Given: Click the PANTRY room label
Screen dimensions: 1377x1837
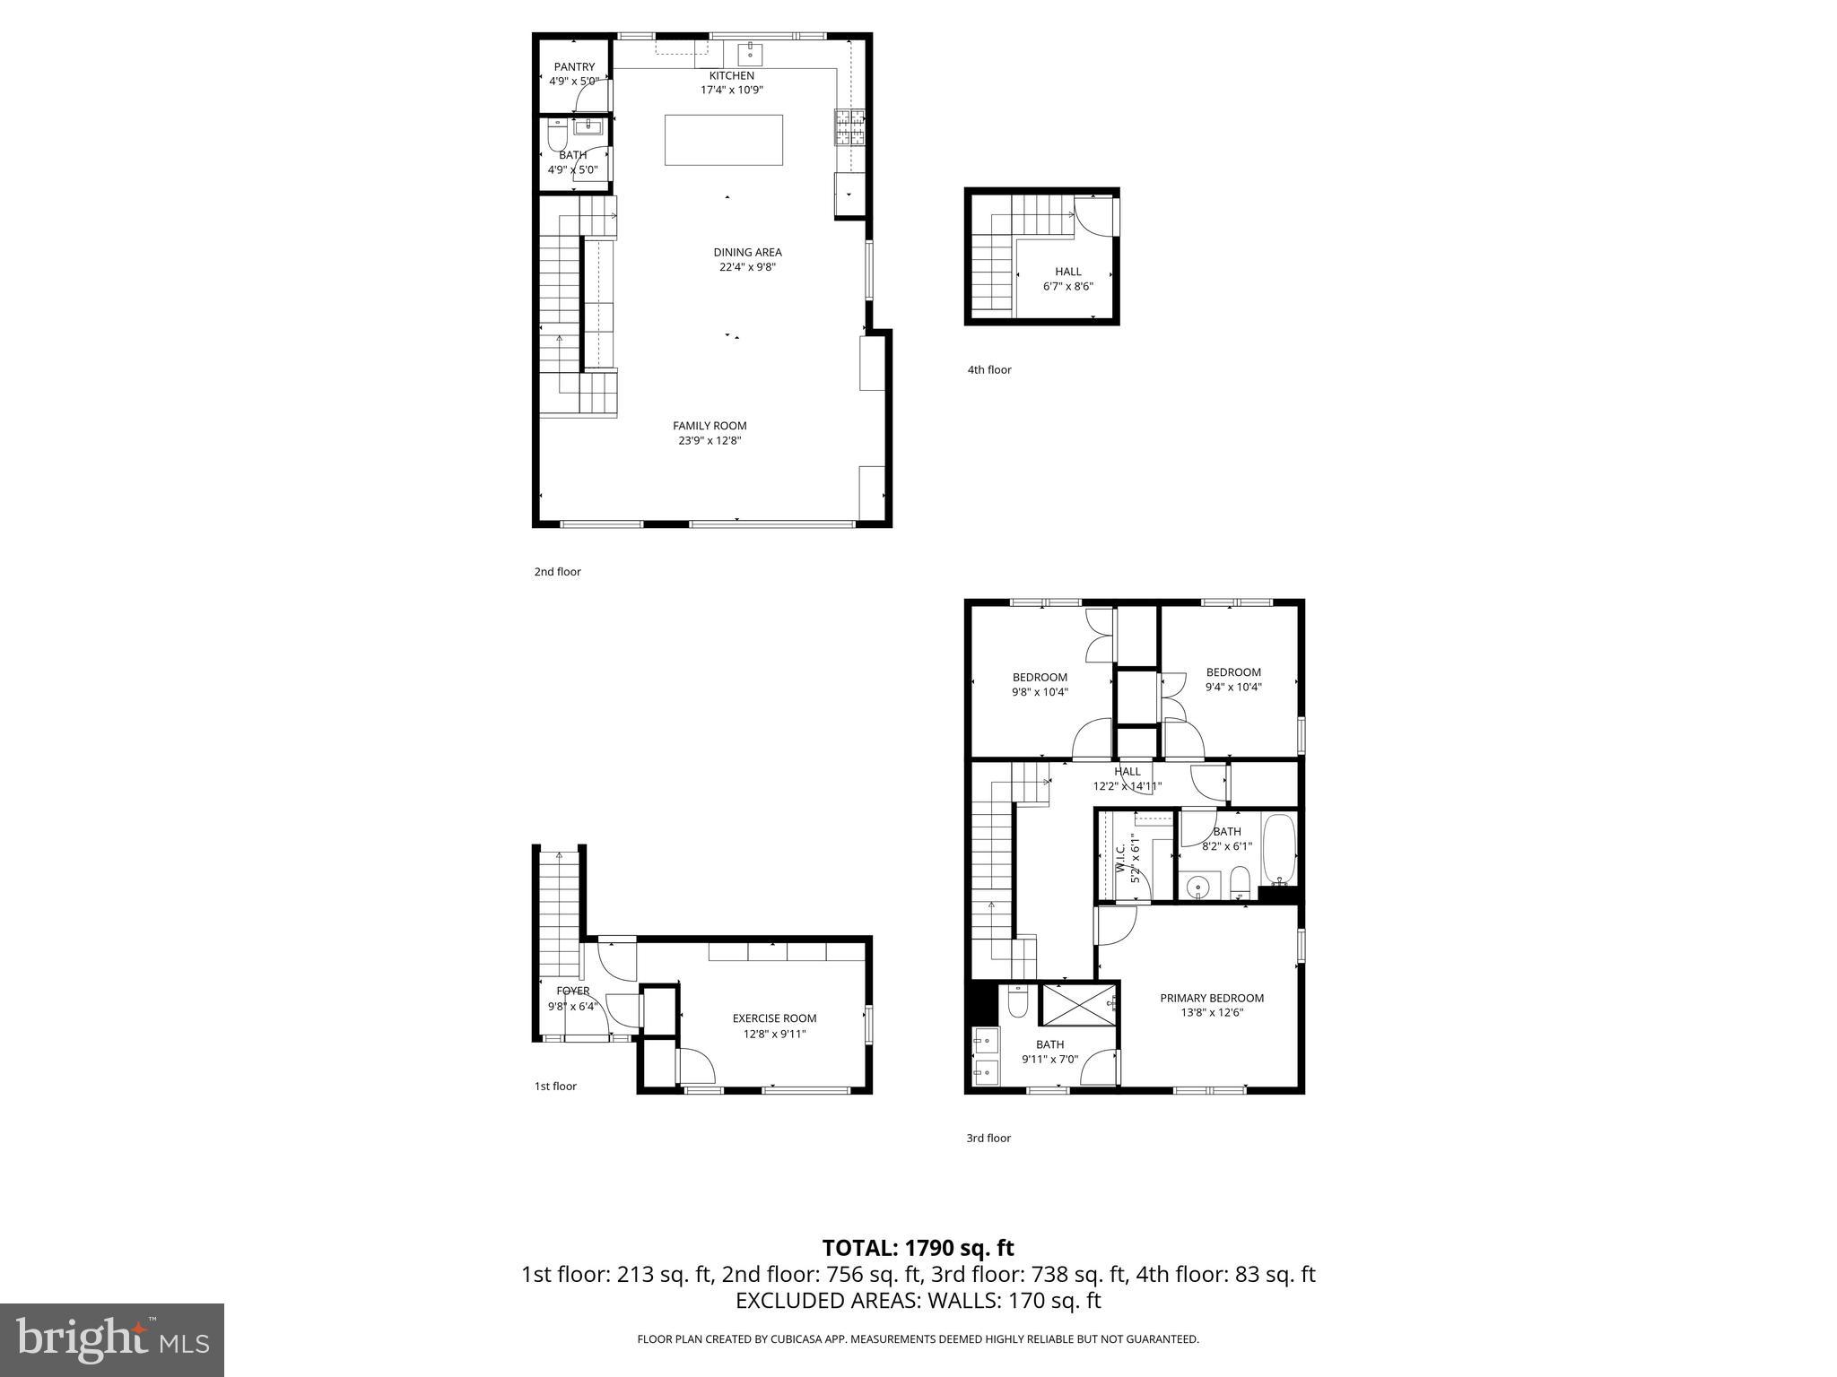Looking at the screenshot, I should click(x=574, y=67).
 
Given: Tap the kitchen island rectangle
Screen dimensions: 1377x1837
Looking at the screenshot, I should click(x=723, y=140).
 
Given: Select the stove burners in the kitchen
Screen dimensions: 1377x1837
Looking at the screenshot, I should click(x=850, y=127).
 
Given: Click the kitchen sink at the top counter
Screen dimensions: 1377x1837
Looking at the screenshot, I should click(x=750, y=54).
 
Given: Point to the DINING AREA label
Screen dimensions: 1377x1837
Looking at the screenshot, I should click(x=747, y=252).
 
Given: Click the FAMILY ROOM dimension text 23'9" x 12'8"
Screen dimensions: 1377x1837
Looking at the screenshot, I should click(x=710, y=441).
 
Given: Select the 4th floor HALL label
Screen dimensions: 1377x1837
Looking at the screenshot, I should click(x=1067, y=272).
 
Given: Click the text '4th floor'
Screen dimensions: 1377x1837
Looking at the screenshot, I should click(x=988, y=369).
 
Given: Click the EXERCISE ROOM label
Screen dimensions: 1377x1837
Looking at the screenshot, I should click(x=774, y=1018).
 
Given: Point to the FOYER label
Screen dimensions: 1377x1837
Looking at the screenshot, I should click(x=572, y=991).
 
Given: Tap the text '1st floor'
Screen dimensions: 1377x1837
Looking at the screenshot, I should click(x=555, y=1087).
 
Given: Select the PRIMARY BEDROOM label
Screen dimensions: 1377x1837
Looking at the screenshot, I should click(x=1211, y=998).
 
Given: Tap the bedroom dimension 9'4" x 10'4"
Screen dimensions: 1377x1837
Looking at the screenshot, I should click(x=1232, y=688).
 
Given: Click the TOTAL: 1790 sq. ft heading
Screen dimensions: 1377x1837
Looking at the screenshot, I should click(x=918, y=1248).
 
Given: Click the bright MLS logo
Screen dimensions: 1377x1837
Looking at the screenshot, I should click(x=112, y=1339).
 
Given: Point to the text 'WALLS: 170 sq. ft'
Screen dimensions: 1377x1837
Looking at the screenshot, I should click(x=1013, y=1300).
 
